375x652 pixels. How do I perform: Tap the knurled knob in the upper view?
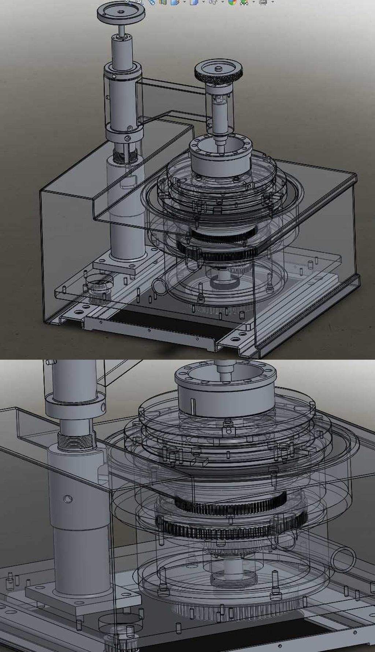(218, 72)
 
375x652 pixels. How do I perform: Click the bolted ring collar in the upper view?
(220, 156)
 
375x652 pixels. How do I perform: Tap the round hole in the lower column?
(68, 499)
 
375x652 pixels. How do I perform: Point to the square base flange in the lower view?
(84, 601)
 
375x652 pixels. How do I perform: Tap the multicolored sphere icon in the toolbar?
(231, 2)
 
